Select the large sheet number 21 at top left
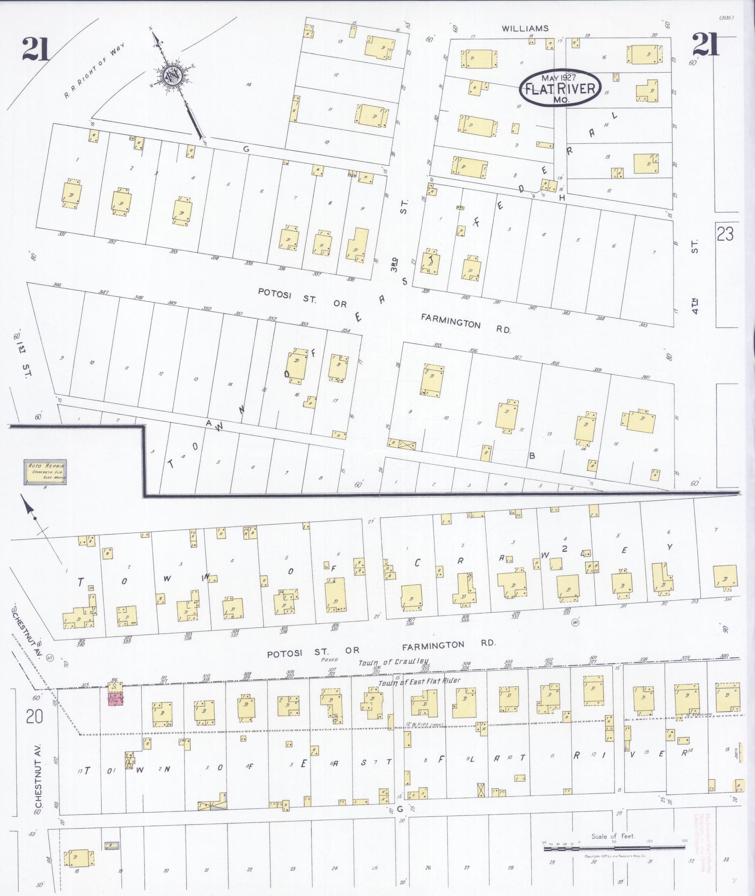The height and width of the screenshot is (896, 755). (35, 49)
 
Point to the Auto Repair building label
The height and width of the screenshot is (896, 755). (45, 472)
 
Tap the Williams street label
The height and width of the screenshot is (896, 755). (525, 29)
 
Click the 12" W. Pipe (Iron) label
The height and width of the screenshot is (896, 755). (419, 726)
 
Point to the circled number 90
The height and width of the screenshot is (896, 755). (575, 623)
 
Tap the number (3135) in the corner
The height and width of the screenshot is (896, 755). (726, 18)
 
